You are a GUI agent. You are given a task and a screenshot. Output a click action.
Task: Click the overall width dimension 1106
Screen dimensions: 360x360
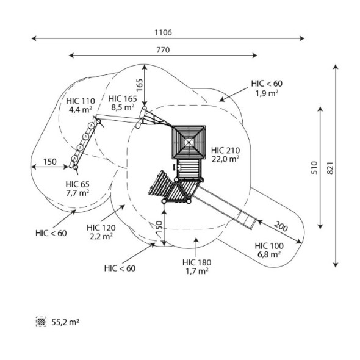(163, 32)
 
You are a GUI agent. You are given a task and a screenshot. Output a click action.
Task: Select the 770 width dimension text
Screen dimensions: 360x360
(163, 50)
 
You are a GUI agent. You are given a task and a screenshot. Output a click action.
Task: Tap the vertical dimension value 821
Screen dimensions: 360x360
(329, 168)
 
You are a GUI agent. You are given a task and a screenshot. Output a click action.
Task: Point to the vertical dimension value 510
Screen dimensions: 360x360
(314, 168)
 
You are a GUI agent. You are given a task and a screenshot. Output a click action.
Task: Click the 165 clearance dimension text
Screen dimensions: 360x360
(139, 85)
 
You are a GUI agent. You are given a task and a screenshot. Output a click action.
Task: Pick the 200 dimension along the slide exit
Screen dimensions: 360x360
(281, 226)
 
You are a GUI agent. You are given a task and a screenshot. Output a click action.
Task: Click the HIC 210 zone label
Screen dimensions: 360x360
(226, 150)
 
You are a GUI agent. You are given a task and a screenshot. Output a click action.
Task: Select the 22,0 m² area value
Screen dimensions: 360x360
(226, 159)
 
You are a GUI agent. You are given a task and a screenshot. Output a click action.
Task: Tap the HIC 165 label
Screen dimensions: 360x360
(123, 99)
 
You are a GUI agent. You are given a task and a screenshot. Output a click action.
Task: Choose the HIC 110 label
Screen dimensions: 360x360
(81, 101)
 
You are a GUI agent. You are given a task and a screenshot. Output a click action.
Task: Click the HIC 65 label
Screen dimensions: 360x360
(77, 184)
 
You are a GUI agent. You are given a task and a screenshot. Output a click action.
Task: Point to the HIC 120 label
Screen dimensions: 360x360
(101, 228)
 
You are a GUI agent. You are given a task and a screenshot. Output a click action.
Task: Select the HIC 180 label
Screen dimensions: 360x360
(196, 262)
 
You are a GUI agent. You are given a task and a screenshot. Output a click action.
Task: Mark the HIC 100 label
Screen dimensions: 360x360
(269, 246)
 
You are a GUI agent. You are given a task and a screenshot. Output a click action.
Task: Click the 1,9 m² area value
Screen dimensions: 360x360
(267, 93)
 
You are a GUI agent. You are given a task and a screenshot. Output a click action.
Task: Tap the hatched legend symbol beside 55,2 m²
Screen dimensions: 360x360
(41, 322)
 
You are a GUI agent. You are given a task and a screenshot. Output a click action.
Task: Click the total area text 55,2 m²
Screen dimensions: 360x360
(65, 322)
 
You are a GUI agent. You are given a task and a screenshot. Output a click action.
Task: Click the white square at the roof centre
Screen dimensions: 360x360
(189, 143)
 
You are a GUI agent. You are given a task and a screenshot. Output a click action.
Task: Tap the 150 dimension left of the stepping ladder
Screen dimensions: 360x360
(50, 162)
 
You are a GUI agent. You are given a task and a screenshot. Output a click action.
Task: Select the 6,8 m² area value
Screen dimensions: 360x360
(269, 254)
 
